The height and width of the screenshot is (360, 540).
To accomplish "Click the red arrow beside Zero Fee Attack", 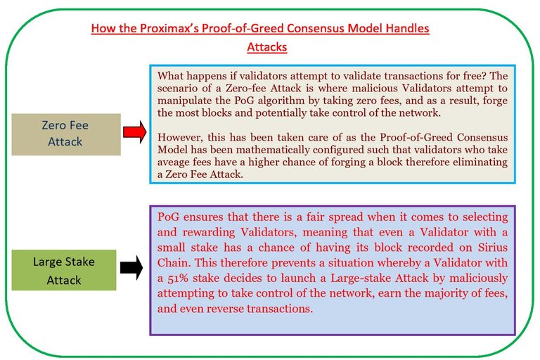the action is pos(135,132).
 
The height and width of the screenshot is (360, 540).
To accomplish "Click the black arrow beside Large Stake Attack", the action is pos(131,267).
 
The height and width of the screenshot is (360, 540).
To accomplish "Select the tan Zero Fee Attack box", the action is pos(66,134).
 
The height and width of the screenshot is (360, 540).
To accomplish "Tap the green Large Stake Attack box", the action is pos(64,270).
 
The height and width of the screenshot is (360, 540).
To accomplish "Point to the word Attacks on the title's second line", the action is pos(267,47).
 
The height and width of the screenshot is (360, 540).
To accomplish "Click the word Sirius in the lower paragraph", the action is pos(493,247).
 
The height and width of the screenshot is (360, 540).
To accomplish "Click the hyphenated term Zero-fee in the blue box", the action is pos(245,88).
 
